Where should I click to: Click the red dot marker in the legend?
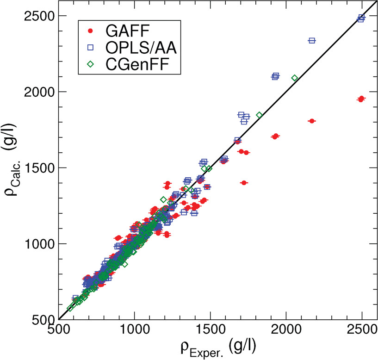click(x=91, y=31)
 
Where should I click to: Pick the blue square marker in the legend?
click(x=91, y=48)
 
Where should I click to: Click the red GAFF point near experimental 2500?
click(x=361, y=99)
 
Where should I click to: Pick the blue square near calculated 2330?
click(x=311, y=41)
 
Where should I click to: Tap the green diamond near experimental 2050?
click(x=294, y=78)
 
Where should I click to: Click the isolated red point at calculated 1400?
click(x=244, y=183)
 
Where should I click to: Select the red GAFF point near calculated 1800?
click(x=311, y=121)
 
